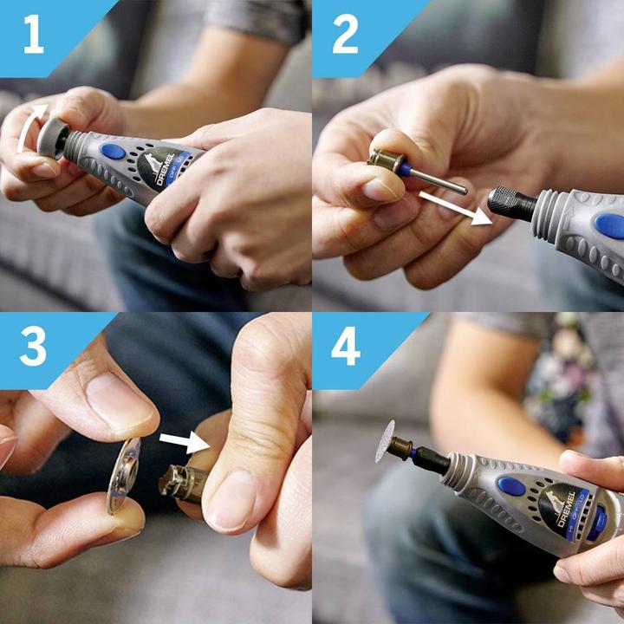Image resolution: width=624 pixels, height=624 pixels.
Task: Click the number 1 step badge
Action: click(x=33, y=36)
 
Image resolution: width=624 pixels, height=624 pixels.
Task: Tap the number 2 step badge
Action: click(x=345, y=36)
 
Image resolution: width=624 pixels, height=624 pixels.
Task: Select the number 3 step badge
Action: click(x=33, y=348)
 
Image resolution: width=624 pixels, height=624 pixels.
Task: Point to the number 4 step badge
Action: click(x=345, y=348)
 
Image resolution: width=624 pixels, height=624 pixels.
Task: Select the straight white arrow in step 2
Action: click(x=451, y=208)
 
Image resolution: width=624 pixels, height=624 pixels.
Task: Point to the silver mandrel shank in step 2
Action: click(x=438, y=180)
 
